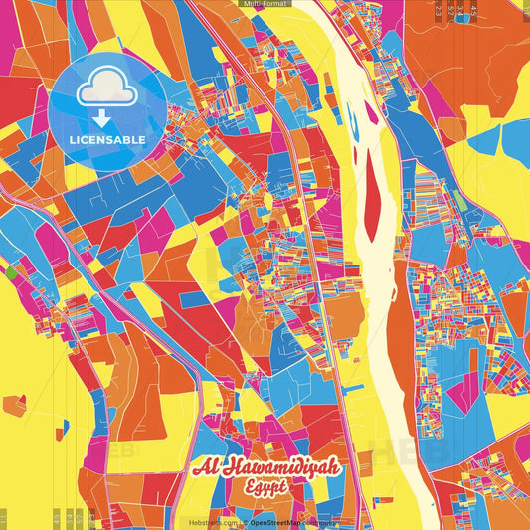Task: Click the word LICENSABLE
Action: pyautogui.click(x=108, y=140)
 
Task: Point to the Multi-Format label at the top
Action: pyautogui.click(x=265, y=5)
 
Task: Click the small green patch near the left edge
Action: pyautogui.click(x=10, y=269)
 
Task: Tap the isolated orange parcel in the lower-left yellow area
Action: pyautogui.click(x=14, y=404)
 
